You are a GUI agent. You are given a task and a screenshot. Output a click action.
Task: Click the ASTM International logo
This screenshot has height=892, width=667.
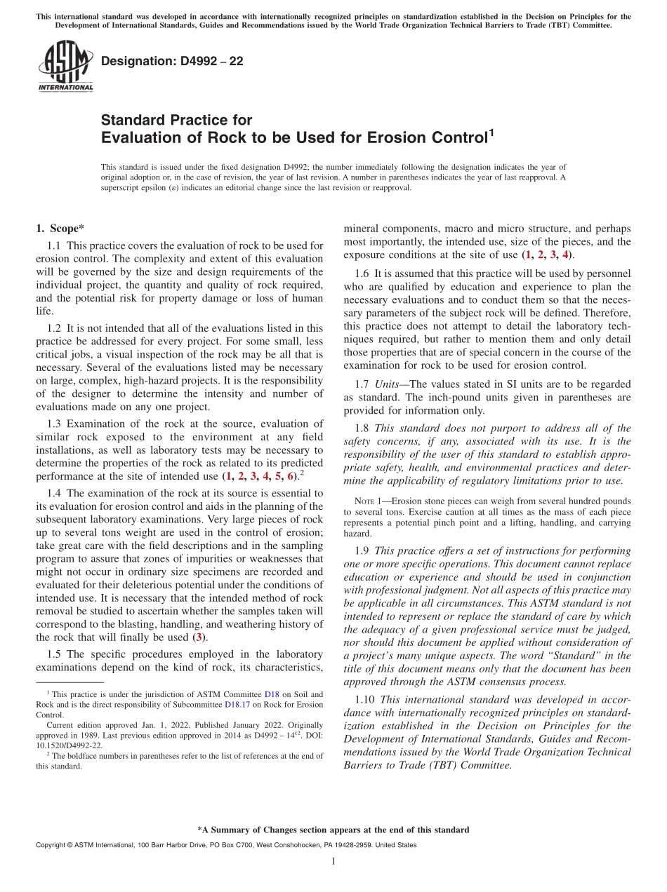pos(65,66)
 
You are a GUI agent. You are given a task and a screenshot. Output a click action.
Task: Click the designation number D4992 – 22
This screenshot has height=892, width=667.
pos(172,61)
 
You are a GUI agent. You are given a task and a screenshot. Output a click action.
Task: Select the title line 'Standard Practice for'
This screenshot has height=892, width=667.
pos(176,120)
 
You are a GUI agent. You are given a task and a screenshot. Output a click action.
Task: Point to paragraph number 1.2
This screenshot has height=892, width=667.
pos(54,327)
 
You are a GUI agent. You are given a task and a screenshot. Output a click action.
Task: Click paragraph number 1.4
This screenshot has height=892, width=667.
pos(54,493)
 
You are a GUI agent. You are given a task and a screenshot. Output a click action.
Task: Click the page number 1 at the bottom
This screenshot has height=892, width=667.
pos(333,862)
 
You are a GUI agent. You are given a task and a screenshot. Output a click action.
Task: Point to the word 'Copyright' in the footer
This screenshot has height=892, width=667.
pos(53,845)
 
